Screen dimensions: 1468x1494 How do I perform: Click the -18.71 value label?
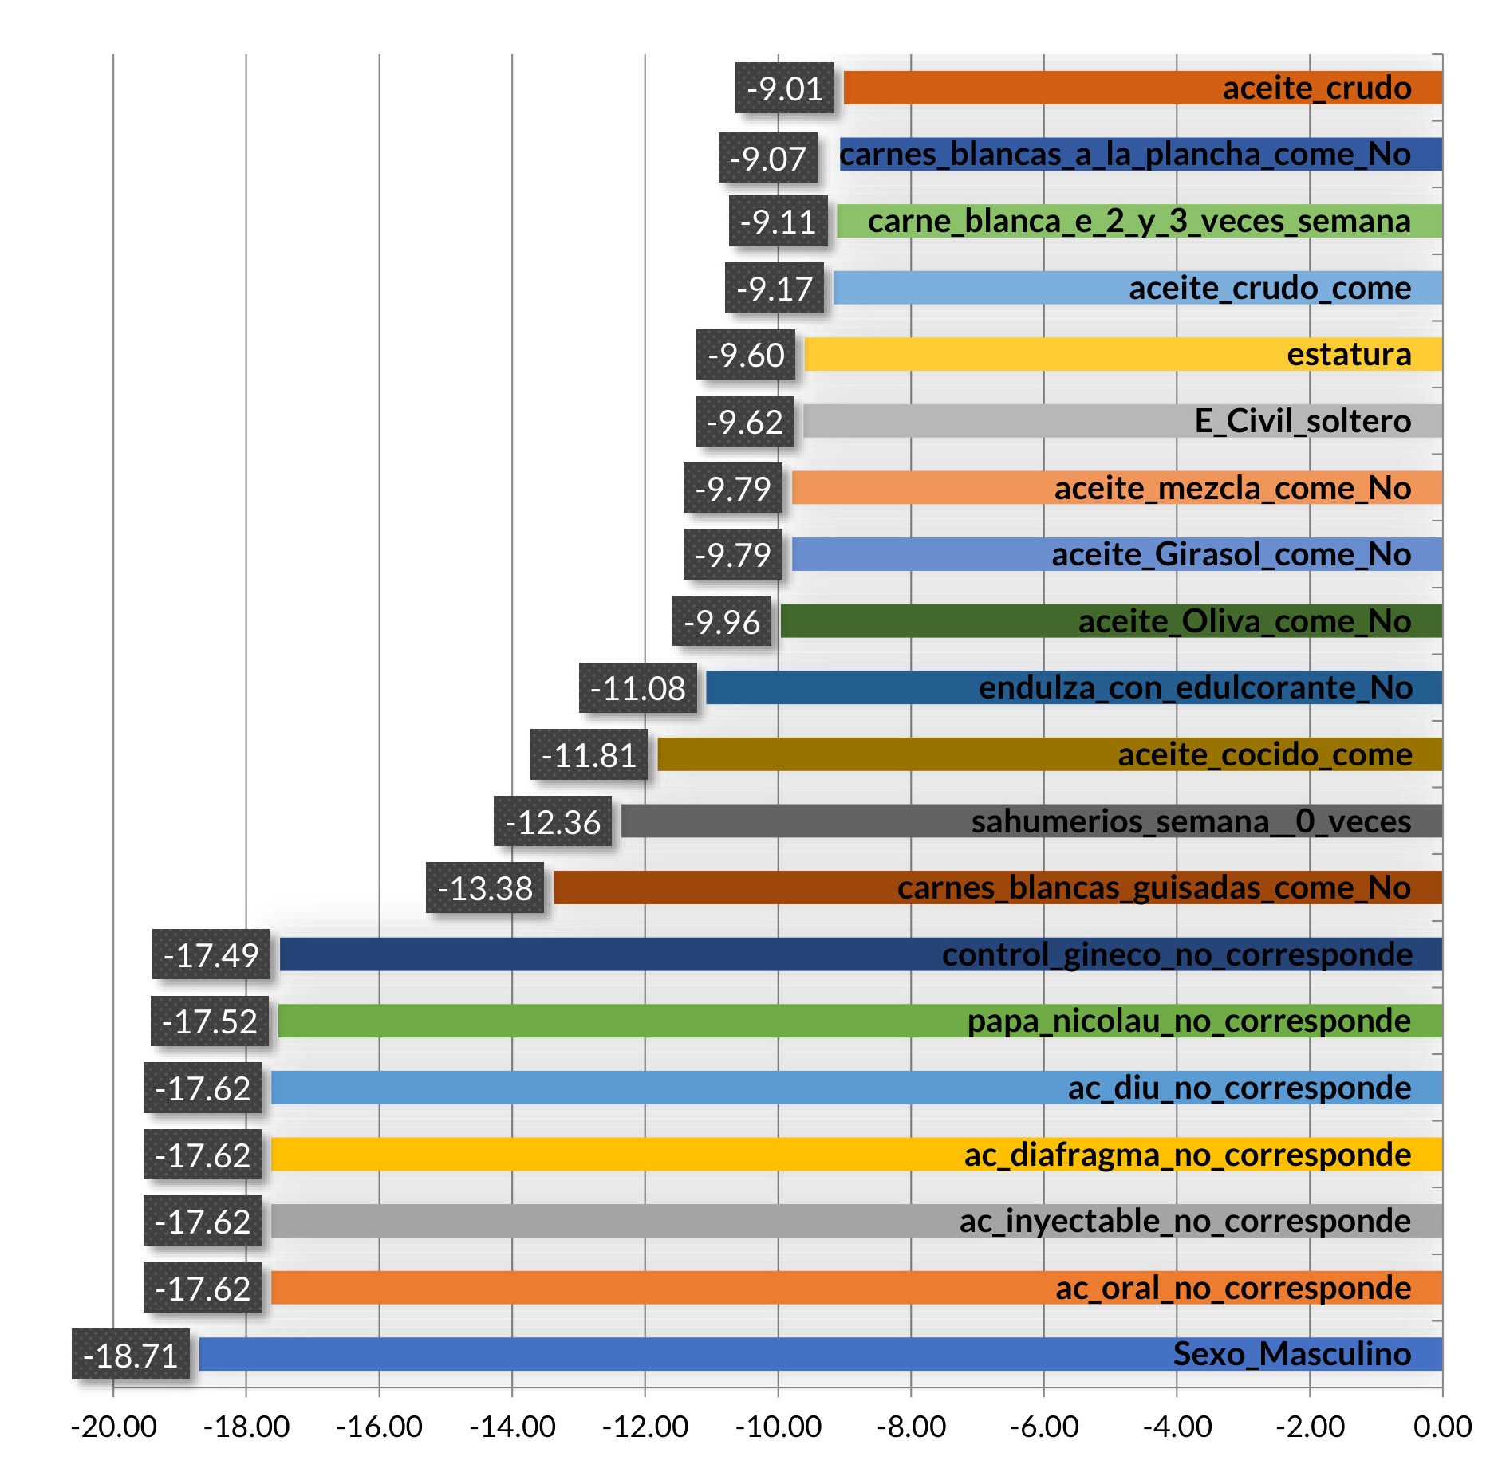[131, 1355]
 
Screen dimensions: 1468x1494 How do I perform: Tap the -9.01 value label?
[785, 88]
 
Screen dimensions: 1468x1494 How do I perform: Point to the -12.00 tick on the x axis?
[645, 1427]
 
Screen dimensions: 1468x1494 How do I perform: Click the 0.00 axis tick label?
[1442, 1427]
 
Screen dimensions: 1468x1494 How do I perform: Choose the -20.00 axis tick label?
[113, 1427]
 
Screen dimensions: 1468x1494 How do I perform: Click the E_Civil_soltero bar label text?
[1303, 421]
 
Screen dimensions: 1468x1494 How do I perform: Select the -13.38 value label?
[485, 888]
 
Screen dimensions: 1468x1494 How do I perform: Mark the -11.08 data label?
[638, 688]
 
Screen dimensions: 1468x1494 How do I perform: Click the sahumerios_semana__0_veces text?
[1191, 821]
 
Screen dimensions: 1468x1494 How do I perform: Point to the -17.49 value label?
[211, 955]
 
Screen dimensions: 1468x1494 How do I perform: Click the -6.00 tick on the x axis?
[1044, 1427]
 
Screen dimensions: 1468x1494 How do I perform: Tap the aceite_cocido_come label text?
[1264, 754]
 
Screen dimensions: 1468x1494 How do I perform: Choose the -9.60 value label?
[746, 355]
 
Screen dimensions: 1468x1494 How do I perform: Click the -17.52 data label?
[210, 1021]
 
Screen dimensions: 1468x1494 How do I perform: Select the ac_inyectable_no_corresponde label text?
[1185, 1221]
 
